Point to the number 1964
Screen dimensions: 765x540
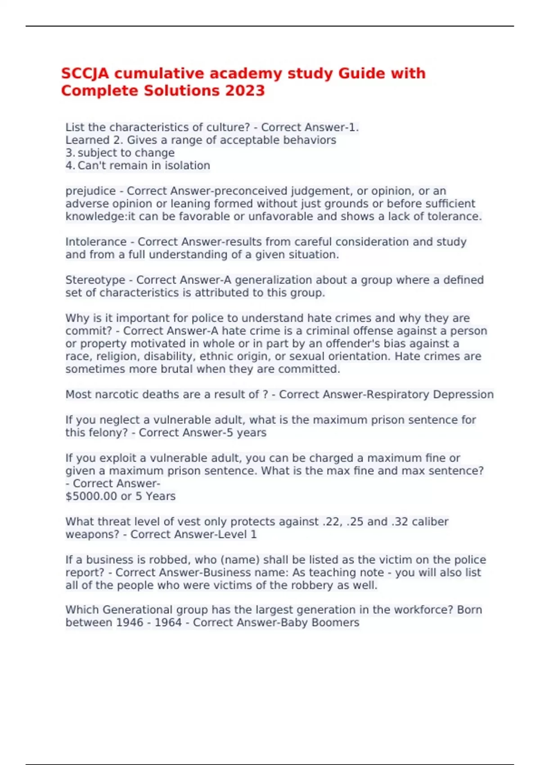(x=168, y=623)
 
